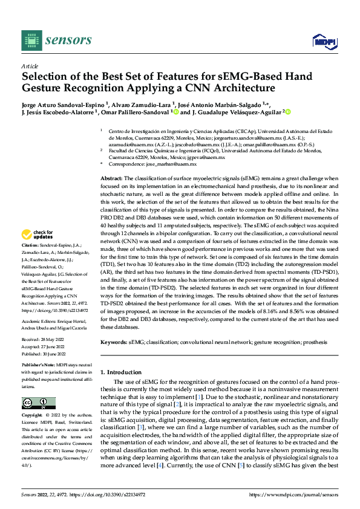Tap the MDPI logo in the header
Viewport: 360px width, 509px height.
tap(323, 41)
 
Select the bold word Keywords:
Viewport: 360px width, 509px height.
tap(113, 342)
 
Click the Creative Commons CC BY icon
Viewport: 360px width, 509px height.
tap(38, 403)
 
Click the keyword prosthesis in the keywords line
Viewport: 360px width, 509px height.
tap(315, 342)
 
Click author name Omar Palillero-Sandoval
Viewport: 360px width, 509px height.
tap(137, 112)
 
